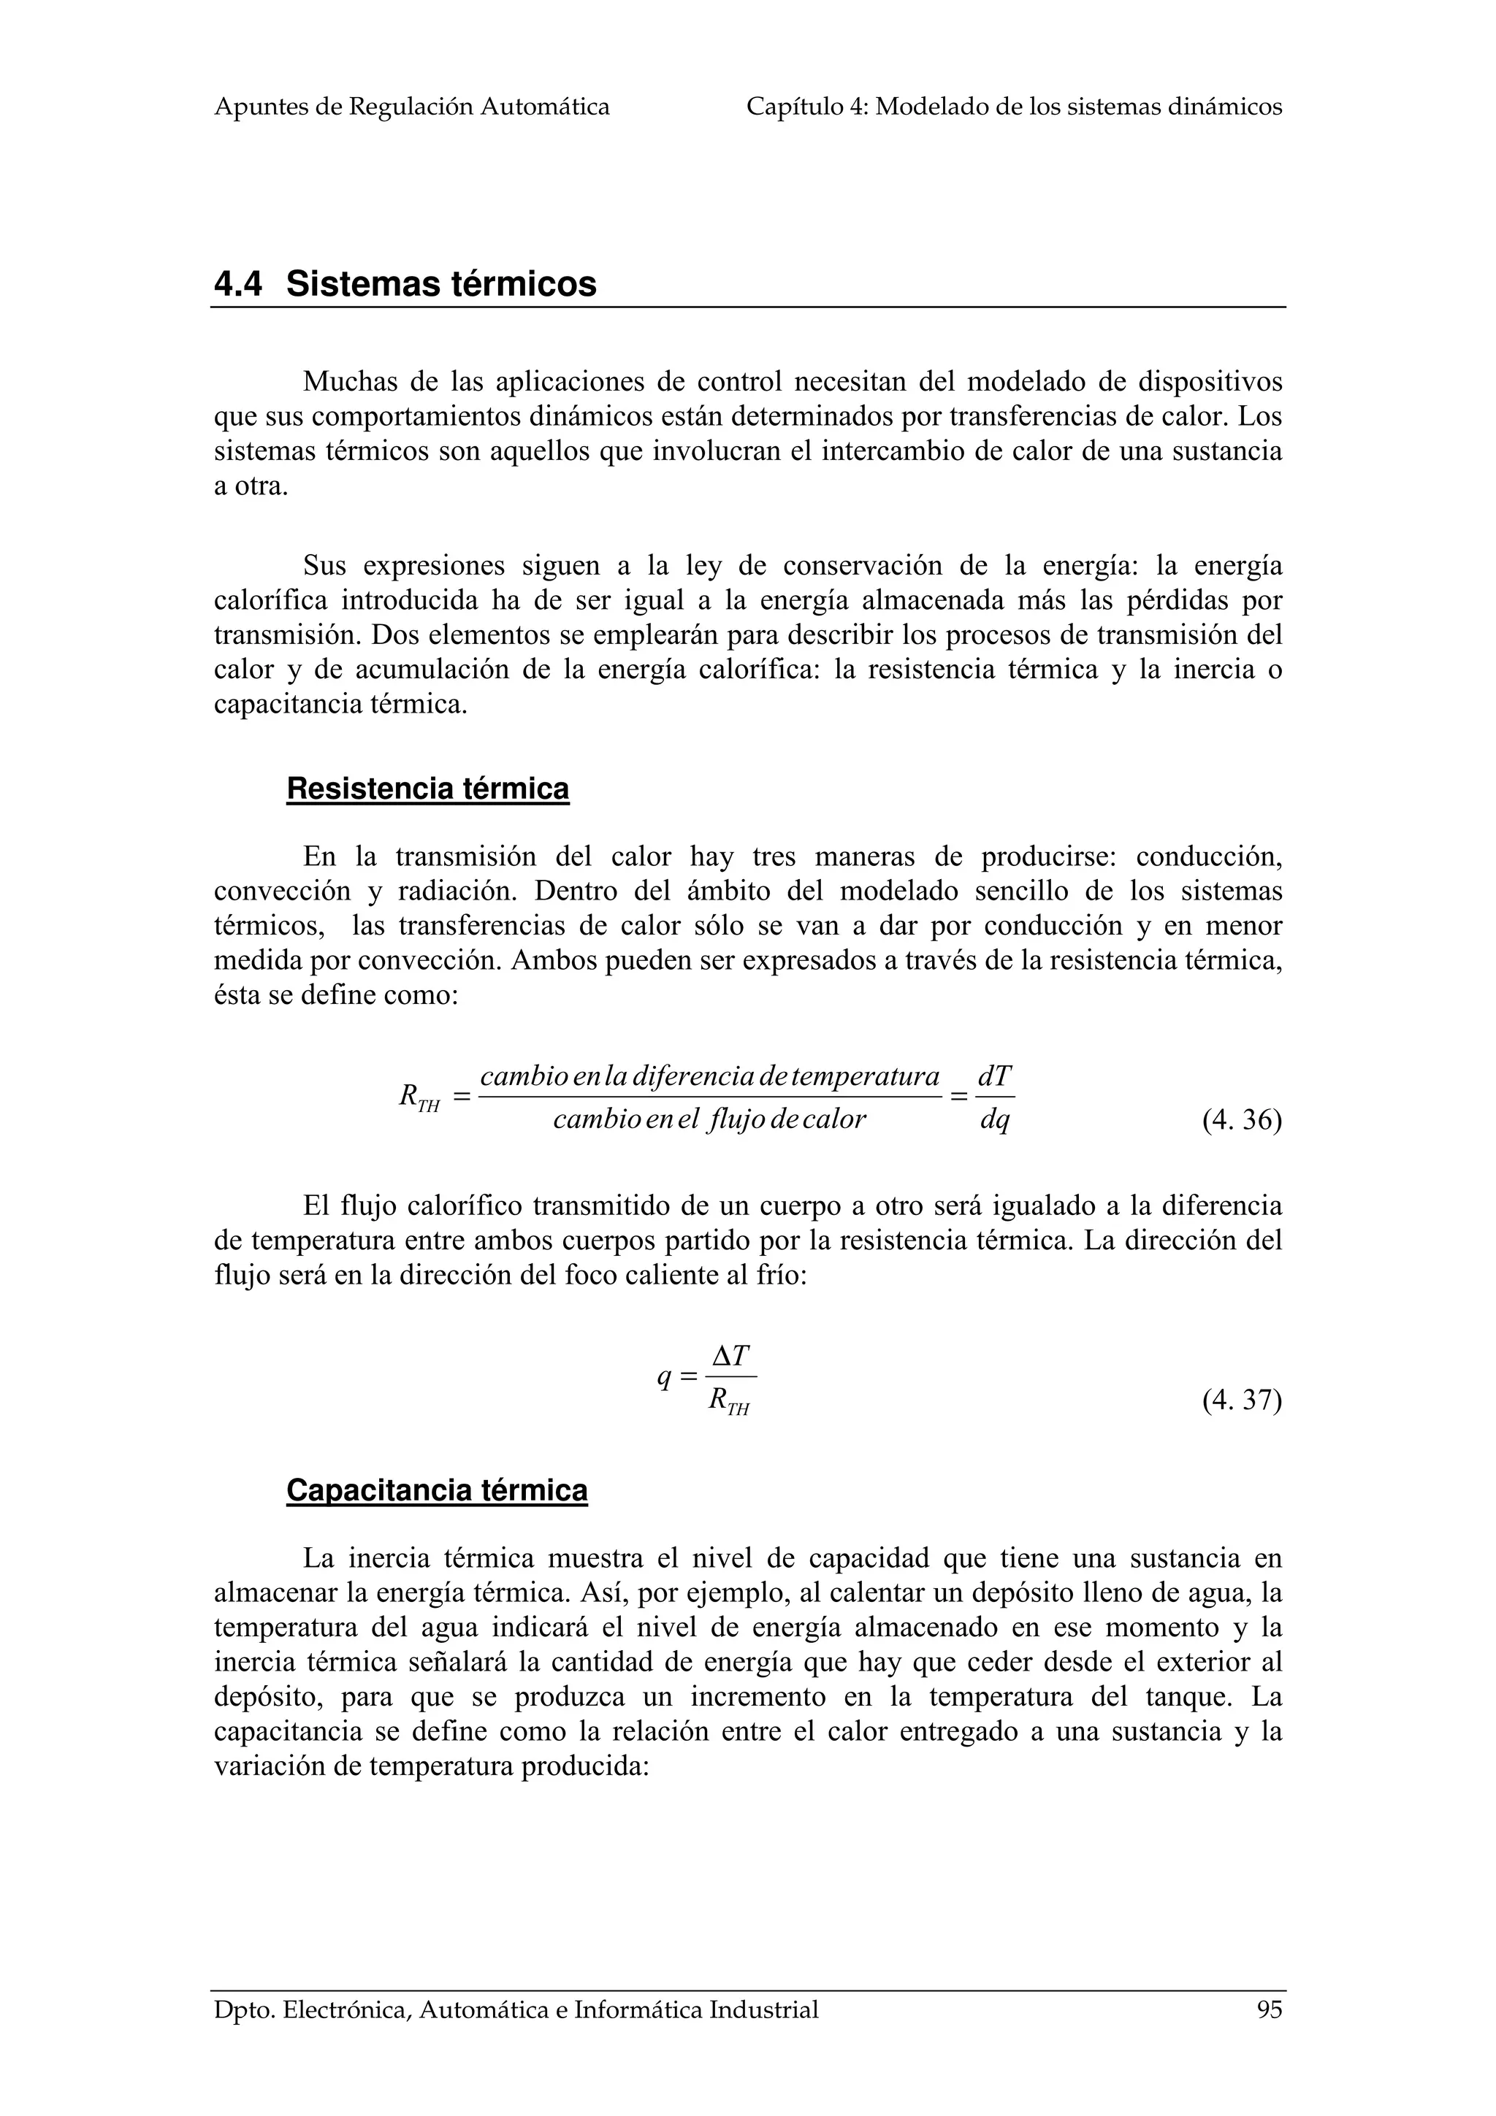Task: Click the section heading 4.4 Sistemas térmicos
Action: click(x=405, y=284)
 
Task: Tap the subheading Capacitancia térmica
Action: click(x=437, y=1490)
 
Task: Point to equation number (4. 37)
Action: click(x=1242, y=1401)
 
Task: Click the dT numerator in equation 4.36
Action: click(x=995, y=1076)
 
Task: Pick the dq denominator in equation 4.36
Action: click(x=995, y=1121)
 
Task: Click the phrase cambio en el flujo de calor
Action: click(x=710, y=1120)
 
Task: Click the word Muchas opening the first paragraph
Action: click(x=349, y=382)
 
